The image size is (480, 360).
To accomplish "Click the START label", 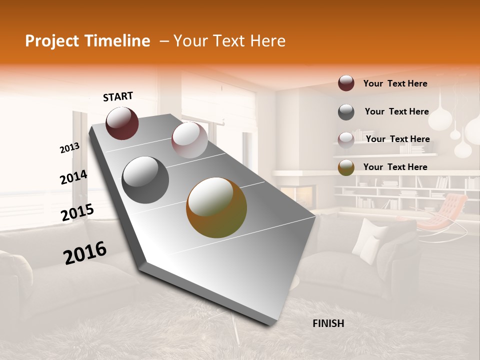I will tap(118, 96).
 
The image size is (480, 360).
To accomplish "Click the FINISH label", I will tap(328, 323).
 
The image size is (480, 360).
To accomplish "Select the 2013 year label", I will tap(69, 148).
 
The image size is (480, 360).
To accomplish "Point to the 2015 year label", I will tap(77, 212).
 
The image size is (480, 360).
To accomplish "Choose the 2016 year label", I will tap(85, 253).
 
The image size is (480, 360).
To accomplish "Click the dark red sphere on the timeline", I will tap(122, 123).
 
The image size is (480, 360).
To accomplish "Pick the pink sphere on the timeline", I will tap(189, 139).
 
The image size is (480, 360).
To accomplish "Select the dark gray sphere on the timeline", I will tap(145, 180).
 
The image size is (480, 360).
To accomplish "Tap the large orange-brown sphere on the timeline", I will tap(216, 207).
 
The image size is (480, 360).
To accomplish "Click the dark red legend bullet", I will tap(346, 83).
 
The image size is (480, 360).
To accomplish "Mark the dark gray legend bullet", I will tap(346, 112).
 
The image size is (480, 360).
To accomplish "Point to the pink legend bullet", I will tap(346, 139).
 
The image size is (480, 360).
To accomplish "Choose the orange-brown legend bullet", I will tap(346, 167).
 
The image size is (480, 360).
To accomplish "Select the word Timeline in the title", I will tap(121, 41).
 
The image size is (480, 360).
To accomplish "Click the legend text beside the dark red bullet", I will tap(395, 83).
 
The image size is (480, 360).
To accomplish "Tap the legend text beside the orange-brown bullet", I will tap(395, 167).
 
